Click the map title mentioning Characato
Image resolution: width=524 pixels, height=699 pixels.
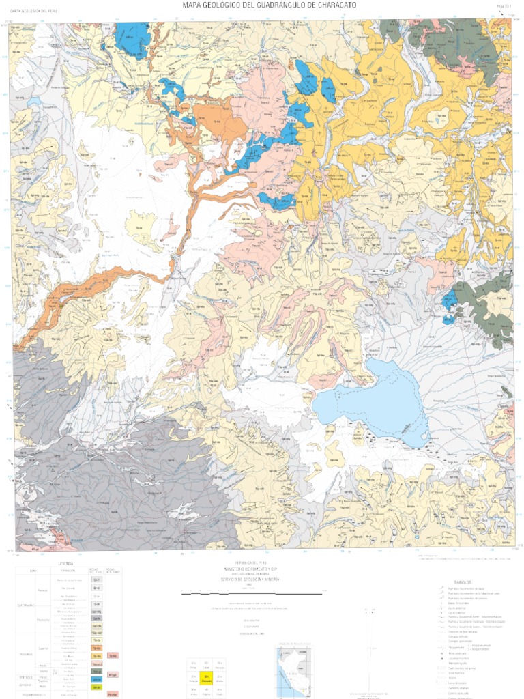click(269, 5)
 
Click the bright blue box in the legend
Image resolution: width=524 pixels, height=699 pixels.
click(97, 680)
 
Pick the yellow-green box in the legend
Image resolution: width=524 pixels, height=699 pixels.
click(97, 687)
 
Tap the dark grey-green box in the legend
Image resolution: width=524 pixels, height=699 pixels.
click(97, 672)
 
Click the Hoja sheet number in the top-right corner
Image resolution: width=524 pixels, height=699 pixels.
click(504, 8)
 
